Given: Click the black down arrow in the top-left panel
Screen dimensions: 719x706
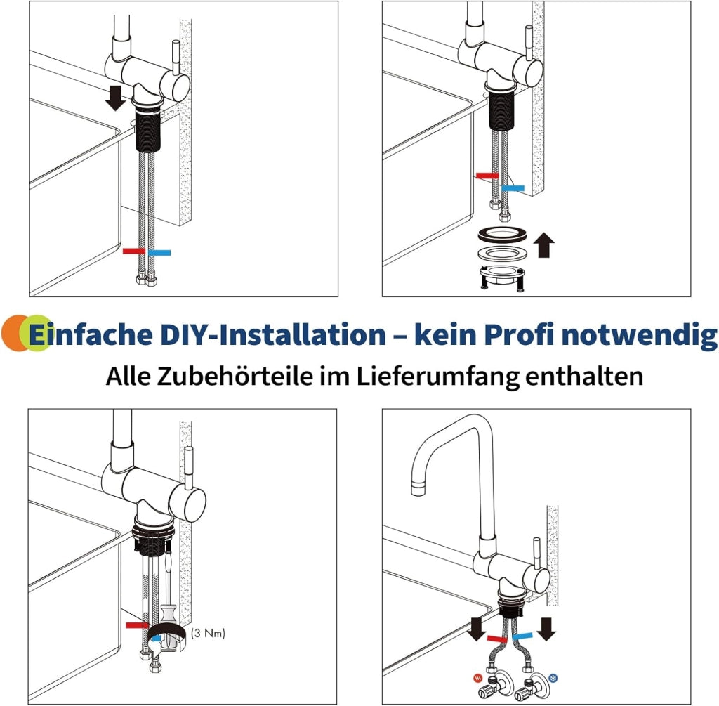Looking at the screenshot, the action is tap(115, 98).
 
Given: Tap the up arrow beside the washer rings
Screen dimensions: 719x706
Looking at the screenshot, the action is tap(544, 244).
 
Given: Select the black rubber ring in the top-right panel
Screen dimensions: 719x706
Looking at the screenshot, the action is tap(499, 235).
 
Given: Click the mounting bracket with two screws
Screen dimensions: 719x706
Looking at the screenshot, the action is tap(501, 277).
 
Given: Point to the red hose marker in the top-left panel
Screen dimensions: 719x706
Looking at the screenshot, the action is tap(134, 251).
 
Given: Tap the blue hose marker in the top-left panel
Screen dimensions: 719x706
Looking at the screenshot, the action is tap(159, 252).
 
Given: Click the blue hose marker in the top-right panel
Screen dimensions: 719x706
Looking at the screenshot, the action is tap(513, 188).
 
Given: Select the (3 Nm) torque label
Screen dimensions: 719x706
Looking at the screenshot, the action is tap(208, 633).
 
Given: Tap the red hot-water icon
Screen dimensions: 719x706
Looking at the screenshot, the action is tap(477, 677).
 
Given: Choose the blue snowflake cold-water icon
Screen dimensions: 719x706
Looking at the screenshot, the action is tap(553, 678).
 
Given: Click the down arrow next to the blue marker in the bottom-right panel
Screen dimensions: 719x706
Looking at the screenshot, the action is tap(546, 629).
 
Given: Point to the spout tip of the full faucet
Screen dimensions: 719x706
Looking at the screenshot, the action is tap(418, 488).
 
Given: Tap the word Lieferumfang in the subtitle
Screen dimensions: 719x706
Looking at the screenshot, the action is tap(437, 377).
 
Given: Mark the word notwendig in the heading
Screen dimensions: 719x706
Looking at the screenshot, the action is tap(639, 335).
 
